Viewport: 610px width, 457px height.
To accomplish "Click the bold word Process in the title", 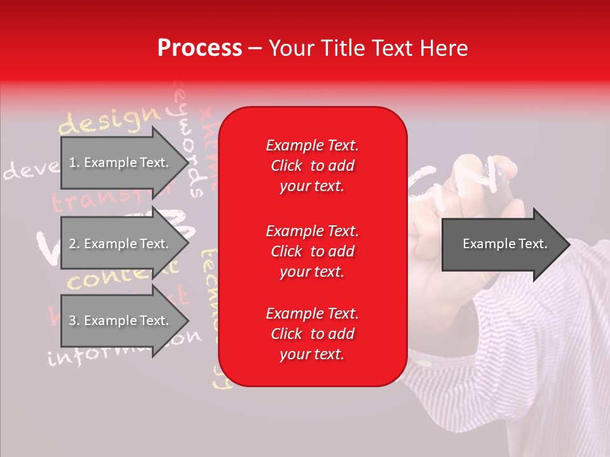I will [200, 48].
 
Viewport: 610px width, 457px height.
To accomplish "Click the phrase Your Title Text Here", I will [368, 48].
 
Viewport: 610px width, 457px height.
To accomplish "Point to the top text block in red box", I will [312, 166].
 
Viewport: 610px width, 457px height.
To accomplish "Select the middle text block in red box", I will [312, 251].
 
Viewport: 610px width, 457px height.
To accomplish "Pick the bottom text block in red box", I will [312, 334].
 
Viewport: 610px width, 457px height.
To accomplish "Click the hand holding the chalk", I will [470, 209].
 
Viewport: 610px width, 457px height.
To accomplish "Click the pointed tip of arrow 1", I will [188, 162].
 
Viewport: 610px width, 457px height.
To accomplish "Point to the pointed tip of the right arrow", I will [569, 244].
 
